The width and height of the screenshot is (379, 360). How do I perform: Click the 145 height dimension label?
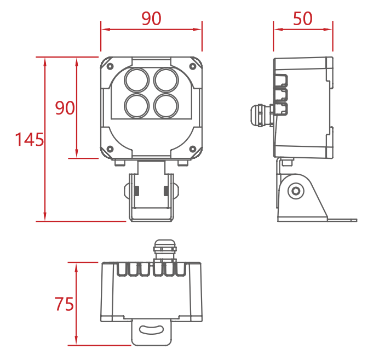(x=30, y=140)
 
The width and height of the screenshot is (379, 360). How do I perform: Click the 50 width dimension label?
(x=303, y=19)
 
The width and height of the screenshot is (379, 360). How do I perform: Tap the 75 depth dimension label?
(x=64, y=304)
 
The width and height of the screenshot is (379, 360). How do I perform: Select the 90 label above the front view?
(x=151, y=19)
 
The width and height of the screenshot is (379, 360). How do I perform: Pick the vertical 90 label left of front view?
(x=65, y=108)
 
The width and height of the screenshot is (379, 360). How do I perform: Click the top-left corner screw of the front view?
(x=110, y=66)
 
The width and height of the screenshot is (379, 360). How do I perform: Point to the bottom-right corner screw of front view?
(x=193, y=149)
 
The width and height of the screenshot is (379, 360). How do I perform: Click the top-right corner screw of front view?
(x=193, y=66)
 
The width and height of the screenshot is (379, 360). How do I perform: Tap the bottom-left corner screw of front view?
(x=110, y=149)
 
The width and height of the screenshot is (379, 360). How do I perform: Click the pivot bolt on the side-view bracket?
(x=296, y=191)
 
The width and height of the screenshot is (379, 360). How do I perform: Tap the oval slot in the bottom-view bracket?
(x=152, y=330)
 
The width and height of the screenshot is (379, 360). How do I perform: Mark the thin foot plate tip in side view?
(x=356, y=220)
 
